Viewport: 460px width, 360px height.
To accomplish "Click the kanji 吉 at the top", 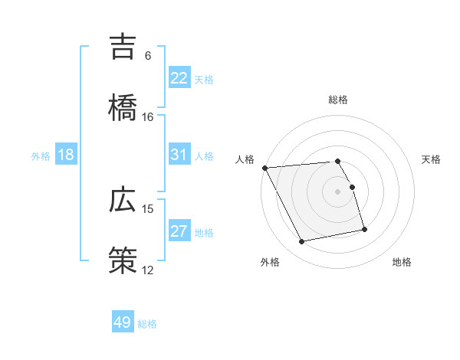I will coord(123,47).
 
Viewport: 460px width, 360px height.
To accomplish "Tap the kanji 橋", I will coord(123,106).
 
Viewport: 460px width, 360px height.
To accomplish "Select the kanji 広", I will coord(123,201).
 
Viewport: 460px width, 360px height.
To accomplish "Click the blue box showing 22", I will coord(179,78).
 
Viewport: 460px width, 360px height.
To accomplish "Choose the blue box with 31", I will coord(179,155).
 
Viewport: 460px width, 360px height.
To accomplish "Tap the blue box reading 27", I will coord(179,231).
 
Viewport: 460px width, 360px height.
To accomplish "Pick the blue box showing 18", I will coord(66,155).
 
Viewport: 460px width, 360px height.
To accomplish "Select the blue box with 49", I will coord(123,322).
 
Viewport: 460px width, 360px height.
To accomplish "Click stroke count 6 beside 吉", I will coord(148,56).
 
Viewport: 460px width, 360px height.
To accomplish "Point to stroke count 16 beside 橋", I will coord(148,116).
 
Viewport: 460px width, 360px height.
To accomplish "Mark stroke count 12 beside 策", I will coord(148,270).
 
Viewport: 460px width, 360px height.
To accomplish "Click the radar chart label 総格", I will coord(338,100).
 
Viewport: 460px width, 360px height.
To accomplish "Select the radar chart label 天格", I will coord(432,159).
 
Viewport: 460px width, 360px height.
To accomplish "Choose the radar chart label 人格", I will coord(245,159).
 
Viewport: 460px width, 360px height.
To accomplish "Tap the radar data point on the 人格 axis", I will coord(264,168).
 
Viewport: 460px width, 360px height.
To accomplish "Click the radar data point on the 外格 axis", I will coord(302,242).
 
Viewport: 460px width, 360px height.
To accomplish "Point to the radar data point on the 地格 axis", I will coord(364,229).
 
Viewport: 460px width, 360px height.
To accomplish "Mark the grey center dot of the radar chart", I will coord(338,191).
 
